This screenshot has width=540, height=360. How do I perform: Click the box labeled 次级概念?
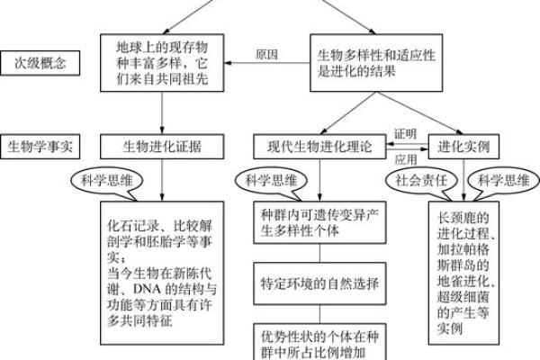coord(40,64)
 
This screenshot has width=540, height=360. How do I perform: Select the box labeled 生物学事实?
coord(40,145)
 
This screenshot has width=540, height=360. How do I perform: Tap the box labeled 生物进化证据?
coord(162,145)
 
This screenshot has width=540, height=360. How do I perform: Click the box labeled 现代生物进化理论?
coord(321,145)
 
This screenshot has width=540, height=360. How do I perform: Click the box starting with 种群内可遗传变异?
coord(321,221)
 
